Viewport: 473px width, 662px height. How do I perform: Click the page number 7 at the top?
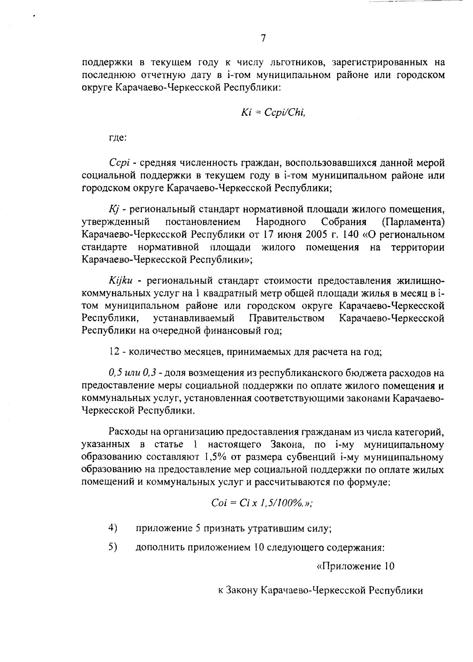[263, 38]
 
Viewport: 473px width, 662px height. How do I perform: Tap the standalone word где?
[117, 138]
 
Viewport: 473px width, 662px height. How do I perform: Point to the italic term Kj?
[113, 209]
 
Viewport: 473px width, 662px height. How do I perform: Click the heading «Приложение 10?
[356, 567]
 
